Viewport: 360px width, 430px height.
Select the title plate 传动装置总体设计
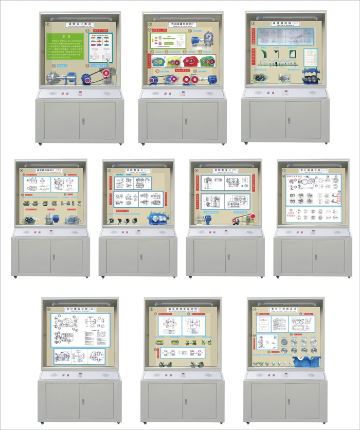click(x=181, y=24)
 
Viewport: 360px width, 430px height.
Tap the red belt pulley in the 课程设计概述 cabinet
click(x=107, y=75)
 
